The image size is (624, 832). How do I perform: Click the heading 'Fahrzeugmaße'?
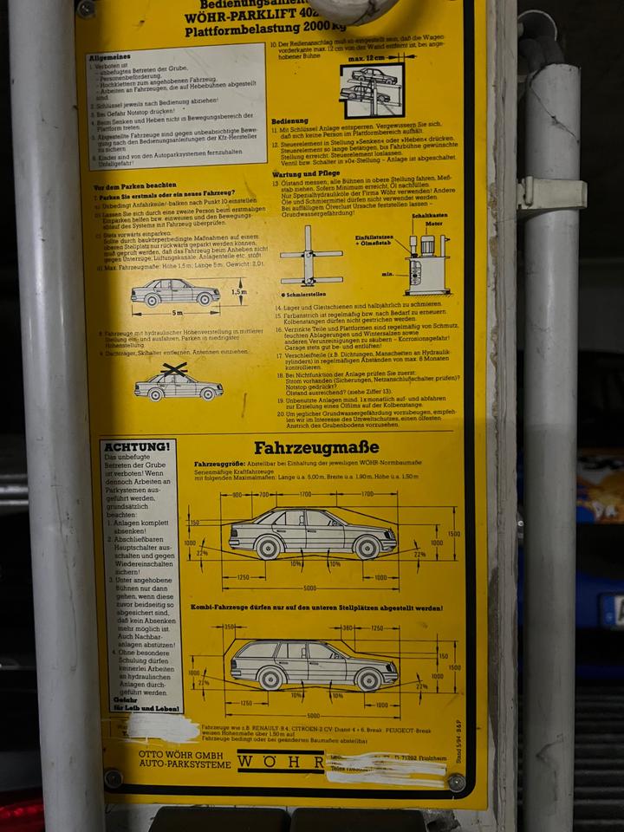point(315,448)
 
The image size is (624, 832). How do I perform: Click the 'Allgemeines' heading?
point(110,57)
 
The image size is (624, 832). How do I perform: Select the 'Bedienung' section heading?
point(290,121)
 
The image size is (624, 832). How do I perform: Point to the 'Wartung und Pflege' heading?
point(304,173)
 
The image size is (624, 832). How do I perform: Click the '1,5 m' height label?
point(239,292)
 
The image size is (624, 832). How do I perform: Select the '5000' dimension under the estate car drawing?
point(313,716)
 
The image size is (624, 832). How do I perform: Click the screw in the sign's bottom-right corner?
point(456,782)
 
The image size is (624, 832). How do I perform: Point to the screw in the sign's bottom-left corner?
point(113,777)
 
